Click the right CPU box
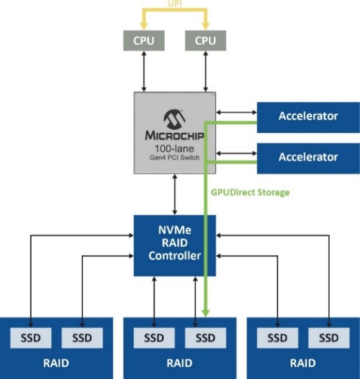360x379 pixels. [x=206, y=41]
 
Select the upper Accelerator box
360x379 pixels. [x=308, y=116]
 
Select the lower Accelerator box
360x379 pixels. [x=308, y=157]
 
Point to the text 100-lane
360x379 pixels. [x=174, y=148]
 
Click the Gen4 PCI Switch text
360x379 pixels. [x=174, y=158]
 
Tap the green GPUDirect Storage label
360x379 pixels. [x=250, y=192]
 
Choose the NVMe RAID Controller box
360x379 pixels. [x=174, y=244]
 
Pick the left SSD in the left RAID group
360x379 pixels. [x=30, y=338]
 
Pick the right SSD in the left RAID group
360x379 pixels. [x=81, y=338]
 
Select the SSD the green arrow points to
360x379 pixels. [x=205, y=338]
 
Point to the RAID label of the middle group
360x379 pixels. [x=179, y=363]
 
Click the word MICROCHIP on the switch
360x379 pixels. [x=174, y=136]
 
